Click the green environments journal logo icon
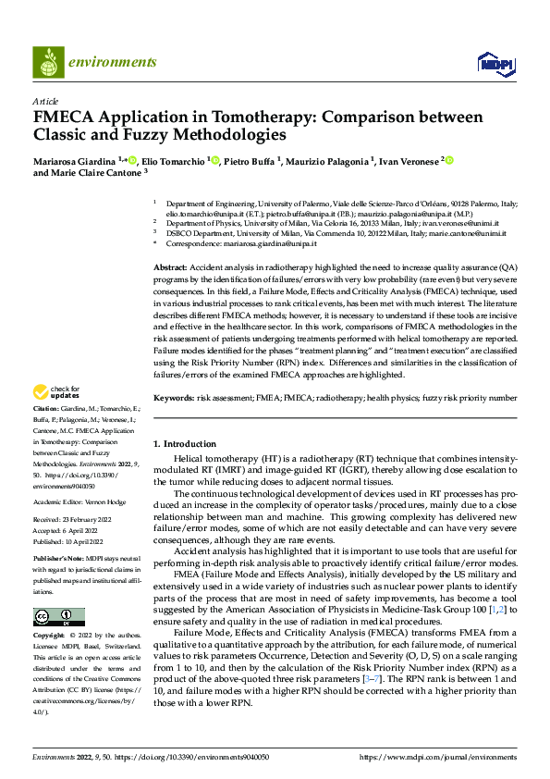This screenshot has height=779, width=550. pos(47,63)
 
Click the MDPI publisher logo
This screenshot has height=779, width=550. pos(495,63)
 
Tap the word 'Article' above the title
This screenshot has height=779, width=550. pos(45,101)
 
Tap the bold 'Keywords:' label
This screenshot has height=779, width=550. pos(175,397)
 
